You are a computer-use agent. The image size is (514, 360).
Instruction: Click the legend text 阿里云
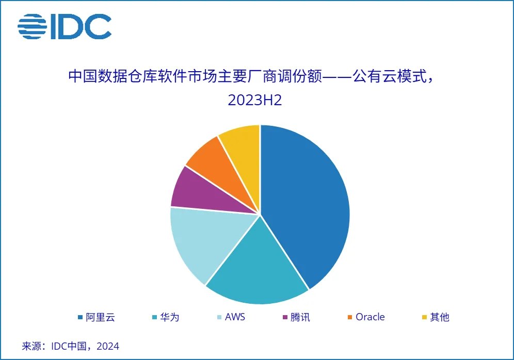(x=100, y=317)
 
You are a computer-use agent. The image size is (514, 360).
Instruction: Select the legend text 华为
(x=169, y=317)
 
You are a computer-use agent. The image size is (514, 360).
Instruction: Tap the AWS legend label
(x=235, y=317)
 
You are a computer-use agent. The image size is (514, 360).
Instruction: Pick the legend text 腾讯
(x=300, y=317)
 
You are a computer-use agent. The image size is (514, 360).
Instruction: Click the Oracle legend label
(x=370, y=317)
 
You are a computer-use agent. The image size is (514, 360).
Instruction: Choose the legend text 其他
(x=440, y=317)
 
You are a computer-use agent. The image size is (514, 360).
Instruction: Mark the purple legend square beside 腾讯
(x=284, y=317)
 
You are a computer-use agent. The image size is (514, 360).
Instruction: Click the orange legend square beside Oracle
(x=350, y=317)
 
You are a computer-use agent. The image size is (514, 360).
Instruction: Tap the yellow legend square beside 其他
(x=424, y=317)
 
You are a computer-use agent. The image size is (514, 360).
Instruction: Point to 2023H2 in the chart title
(x=255, y=100)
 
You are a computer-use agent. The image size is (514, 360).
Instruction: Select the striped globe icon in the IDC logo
(x=32, y=26)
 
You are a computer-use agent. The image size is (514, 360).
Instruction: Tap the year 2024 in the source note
(x=108, y=346)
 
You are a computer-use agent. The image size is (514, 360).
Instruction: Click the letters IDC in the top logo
(x=81, y=26)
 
